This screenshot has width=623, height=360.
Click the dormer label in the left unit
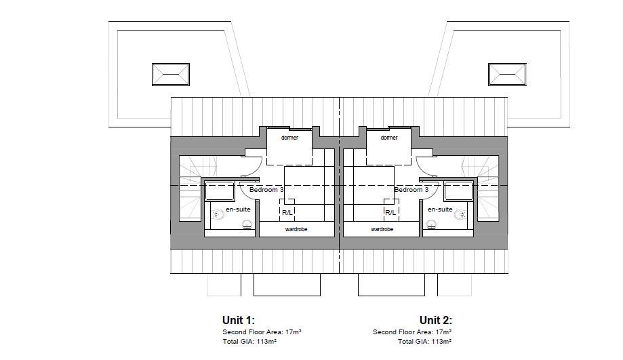pyautogui.click(x=289, y=138)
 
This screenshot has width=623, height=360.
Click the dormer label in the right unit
pyautogui.click(x=388, y=138)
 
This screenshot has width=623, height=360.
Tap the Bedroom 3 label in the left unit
pyautogui.click(x=266, y=190)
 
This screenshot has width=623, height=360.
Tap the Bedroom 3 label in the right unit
pyautogui.click(x=411, y=190)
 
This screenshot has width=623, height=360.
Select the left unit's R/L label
pyautogui.click(x=287, y=213)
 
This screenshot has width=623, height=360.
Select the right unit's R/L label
pyautogui.click(x=390, y=213)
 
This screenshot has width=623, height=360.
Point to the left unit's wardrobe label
pyautogui.click(x=296, y=229)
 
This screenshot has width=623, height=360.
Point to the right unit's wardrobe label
pyautogui.click(x=382, y=229)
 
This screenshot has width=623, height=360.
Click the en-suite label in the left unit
pyautogui.click(x=238, y=209)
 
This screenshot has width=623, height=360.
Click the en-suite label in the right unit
pyautogui.click(x=440, y=209)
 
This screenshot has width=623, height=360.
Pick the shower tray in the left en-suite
pyautogui.click(x=220, y=191)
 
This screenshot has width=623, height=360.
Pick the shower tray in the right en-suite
pyautogui.click(x=459, y=191)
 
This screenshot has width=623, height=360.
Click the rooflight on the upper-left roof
pyautogui.click(x=170, y=75)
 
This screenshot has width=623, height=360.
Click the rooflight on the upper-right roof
pyautogui.click(x=507, y=75)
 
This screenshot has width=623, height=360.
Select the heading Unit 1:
pyautogui.click(x=239, y=320)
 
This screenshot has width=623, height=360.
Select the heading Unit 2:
pyautogui.click(x=435, y=320)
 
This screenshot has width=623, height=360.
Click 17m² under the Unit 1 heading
pyautogui.click(x=294, y=332)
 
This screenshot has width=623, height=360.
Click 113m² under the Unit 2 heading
pyautogui.click(x=441, y=341)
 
